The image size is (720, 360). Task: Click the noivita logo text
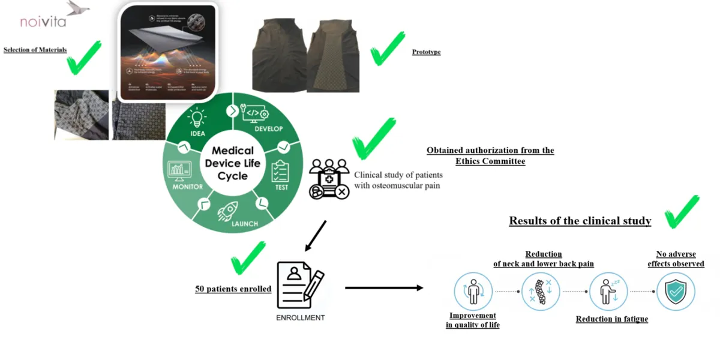(43, 22)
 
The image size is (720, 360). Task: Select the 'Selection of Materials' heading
(35, 50)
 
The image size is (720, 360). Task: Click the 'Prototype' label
(426, 52)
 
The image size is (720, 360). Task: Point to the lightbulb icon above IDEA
(197, 118)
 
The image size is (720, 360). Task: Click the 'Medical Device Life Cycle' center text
(233, 163)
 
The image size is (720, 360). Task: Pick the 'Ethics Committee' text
(490, 161)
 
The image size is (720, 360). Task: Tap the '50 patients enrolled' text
(233, 289)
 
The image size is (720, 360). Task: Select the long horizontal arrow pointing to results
(384, 288)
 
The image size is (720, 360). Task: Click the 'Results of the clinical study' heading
(580, 221)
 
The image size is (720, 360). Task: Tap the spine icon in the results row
(540, 292)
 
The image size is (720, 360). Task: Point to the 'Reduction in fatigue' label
(611, 319)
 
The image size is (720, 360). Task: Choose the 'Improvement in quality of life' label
(473, 320)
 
